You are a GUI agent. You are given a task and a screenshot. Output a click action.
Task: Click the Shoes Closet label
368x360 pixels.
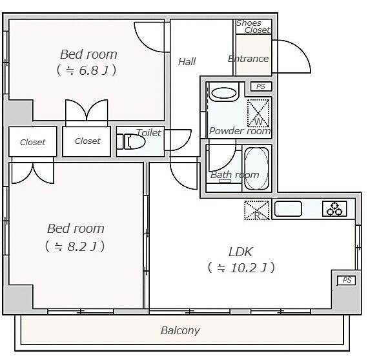(x=252, y=26)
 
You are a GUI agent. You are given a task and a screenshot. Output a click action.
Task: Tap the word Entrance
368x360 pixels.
(x=248, y=59)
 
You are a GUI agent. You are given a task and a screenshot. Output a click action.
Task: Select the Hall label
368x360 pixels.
(x=187, y=62)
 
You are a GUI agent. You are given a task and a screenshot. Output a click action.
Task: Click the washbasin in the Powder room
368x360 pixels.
(x=224, y=93)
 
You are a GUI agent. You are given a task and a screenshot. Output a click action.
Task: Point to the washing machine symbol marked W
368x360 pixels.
(x=259, y=113)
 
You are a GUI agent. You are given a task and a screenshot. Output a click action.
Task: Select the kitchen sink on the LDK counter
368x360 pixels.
(x=288, y=208)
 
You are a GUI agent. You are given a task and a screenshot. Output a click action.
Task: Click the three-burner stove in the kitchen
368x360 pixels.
(x=334, y=208)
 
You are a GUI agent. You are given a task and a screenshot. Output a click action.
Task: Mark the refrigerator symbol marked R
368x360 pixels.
(x=256, y=210)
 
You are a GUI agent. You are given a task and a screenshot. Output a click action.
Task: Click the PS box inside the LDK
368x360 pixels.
(x=346, y=280)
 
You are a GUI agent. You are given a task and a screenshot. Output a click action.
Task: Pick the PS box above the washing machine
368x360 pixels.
(x=260, y=86)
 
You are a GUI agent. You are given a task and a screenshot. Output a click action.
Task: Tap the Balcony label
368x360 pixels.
(x=180, y=331)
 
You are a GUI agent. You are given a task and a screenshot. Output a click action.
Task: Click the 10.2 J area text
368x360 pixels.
(x=241, y=267)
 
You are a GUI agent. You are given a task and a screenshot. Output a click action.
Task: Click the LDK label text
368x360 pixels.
(x=240, y=252)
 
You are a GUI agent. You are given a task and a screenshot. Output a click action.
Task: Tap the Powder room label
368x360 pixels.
(x=240, y=131)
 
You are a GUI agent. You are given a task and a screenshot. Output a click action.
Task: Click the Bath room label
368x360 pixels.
(x=234, y=175)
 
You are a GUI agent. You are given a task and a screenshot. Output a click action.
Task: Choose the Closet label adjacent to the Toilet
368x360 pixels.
(x=87, y=141)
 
